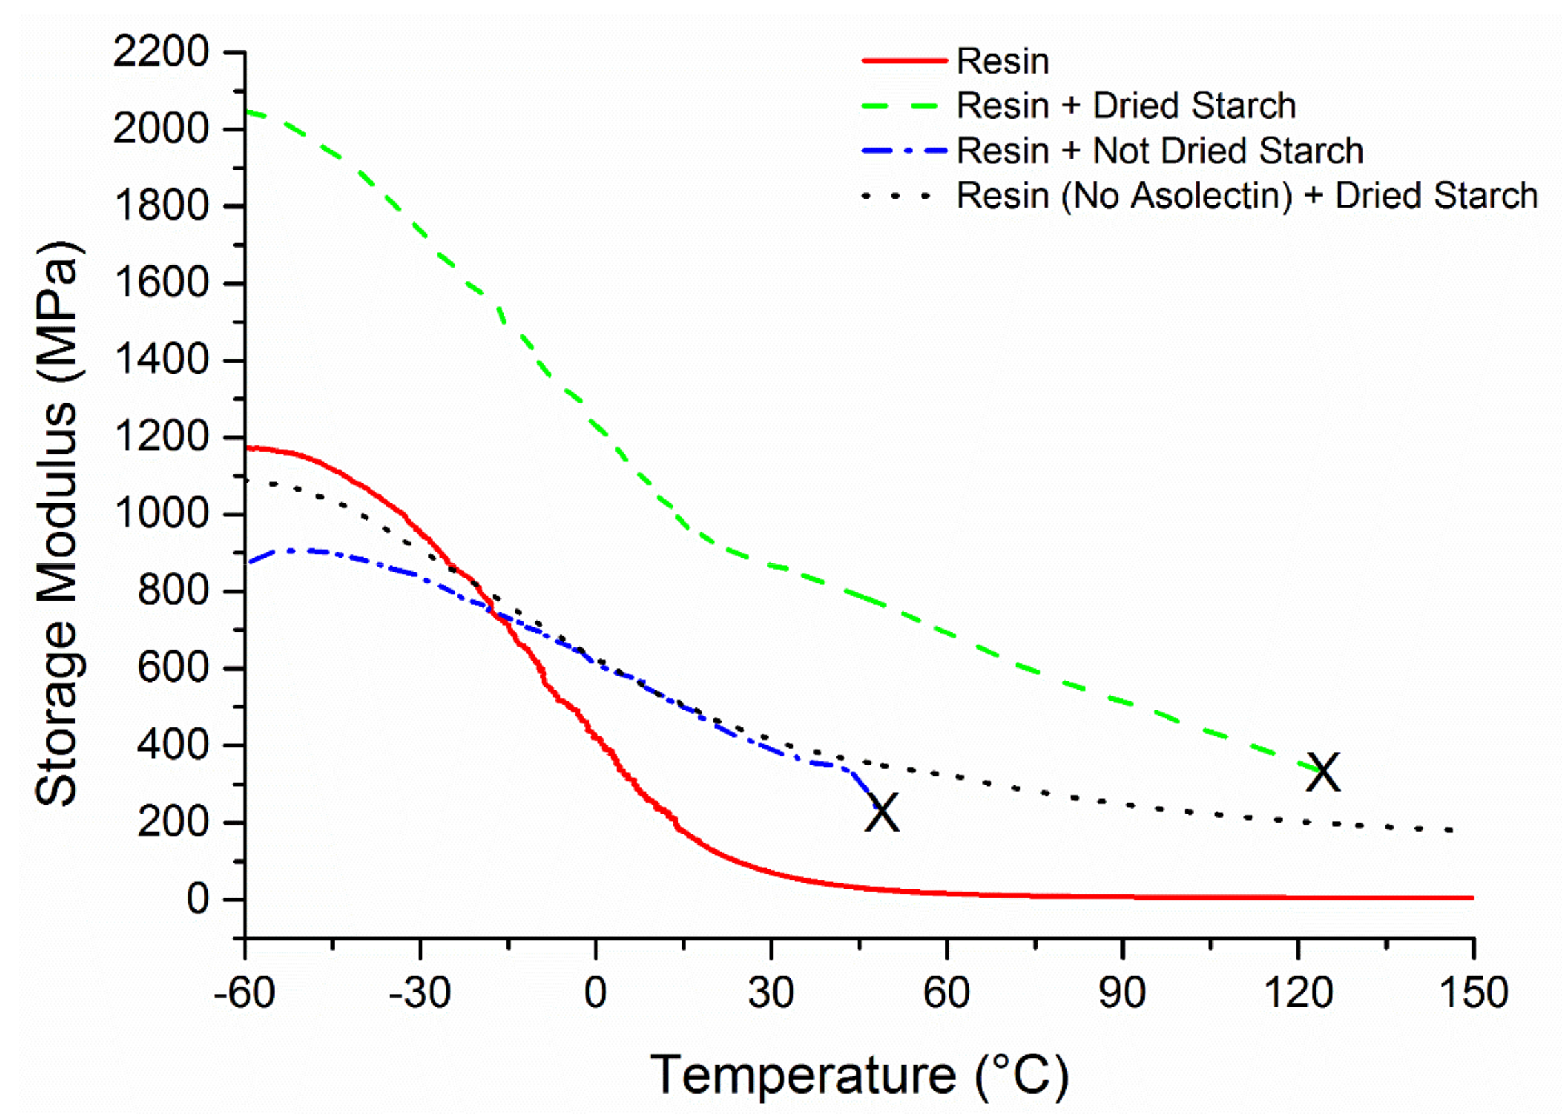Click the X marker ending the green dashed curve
tap(1323, 772)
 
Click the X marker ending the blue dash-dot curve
tap(882, 812)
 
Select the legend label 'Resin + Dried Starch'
tap(1125, 105)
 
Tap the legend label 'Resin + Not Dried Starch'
tap(1159, 150)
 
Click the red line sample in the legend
tap(904, 61)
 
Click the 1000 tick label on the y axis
tap(161, 514)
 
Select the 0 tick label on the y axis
tap(197, 899)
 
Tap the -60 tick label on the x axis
tap(244, 994)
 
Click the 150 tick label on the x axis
tap(1473, 994)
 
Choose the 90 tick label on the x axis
tap(1122, 994)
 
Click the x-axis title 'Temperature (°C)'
tap(859, 1075)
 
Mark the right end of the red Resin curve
tap(1472, 898)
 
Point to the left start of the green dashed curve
tap(248, 111)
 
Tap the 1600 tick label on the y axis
tap(161, 283)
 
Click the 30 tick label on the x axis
tap(771, 994)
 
